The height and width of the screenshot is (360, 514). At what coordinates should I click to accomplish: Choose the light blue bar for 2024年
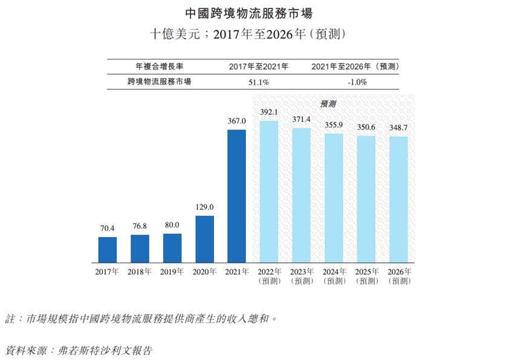coord(334,197)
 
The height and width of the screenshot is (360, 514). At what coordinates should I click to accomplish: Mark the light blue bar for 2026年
coord(399,198)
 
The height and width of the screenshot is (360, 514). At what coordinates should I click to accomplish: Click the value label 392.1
coord(268,112)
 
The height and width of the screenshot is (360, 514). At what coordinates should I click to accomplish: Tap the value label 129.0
coord(204,208)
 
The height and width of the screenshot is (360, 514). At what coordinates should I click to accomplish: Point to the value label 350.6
coord(366,128)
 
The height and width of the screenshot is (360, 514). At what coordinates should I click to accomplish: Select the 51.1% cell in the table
coord(258,82)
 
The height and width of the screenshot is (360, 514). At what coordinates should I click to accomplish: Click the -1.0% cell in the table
coord(356,82)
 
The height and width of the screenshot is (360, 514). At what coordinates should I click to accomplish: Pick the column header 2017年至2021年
coord(258,66)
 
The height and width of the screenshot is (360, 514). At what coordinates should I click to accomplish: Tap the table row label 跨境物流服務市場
coord(159,82)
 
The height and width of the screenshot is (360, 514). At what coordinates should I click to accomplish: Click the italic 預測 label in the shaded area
coord(328,103)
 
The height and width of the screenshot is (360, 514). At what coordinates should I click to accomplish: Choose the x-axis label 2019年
coord(172,272)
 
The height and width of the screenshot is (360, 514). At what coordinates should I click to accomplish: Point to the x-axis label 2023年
coord(302,276)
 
